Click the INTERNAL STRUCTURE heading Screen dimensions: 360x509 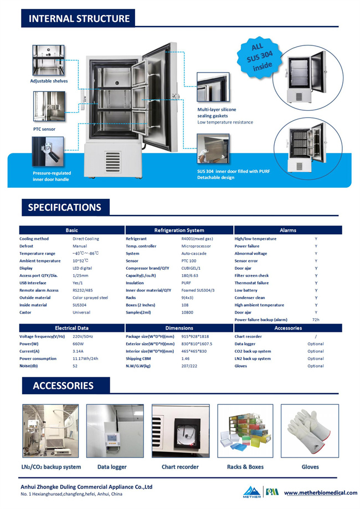click(x=79, y=18)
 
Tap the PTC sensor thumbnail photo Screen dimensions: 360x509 click(x=49, y=106)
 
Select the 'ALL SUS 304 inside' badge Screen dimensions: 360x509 click(x=259, y=57)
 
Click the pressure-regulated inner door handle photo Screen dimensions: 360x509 click(x=48, y=152)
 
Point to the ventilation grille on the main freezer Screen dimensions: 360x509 click(x=112, y=162)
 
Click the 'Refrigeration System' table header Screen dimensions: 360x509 click(x=179, y=230)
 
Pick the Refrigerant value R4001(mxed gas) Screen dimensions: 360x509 click(x=197, y=239)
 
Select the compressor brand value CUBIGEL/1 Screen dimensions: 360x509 click(x=191, y=268)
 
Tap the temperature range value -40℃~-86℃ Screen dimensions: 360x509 click(x=86, y=253)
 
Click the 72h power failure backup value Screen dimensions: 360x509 click(x=316, y=320)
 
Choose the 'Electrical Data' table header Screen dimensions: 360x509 click(x=72, y=328)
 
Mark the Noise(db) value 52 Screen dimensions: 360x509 click(x=75, y=366)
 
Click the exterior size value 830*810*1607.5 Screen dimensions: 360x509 click(x=197, y=344)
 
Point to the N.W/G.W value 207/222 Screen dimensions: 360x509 click(x=189, y=366)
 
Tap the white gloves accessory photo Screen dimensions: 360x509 click(x=310, y=431)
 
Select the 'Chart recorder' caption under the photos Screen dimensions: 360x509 click(x=180, y=467)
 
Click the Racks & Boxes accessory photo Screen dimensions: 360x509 click(x=245, y=431)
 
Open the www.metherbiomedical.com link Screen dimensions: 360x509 click(x=321, y=493)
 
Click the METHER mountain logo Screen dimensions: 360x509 click(x=252, y=492)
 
